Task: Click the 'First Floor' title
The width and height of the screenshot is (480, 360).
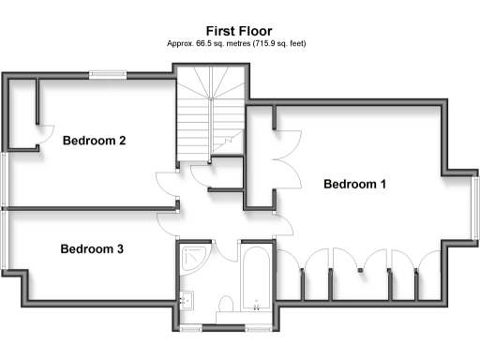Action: click(x=240, y=30)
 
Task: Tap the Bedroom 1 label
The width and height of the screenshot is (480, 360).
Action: click(x=354, y=185)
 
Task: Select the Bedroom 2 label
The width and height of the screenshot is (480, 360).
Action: click(x=94, y=142)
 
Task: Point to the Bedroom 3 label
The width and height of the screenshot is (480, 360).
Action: click(x=92, y=249)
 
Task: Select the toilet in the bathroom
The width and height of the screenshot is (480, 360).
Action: click(x=226, y=306)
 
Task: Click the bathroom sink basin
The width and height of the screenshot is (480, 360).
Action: click(x=187, y=300)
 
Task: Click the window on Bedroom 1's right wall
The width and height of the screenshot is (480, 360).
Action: click(x=474, y=209)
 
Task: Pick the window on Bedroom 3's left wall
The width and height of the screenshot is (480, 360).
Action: click(x=5, y=239)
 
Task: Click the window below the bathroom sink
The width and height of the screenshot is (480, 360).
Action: click(x=191, y=329)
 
